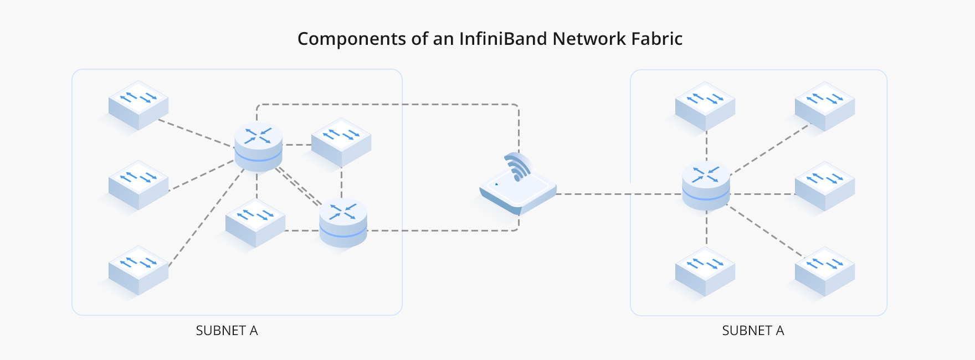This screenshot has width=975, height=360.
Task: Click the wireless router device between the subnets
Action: [x=518, y=191]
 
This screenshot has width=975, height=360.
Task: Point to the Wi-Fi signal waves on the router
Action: [x=517, y=167]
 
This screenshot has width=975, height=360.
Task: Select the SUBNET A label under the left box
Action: [x=227, y=331]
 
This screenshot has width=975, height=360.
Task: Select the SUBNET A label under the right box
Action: [x=753, y=331]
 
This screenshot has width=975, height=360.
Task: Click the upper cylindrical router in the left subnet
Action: [x=258, y=146]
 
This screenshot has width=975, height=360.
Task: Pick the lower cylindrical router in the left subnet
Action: [x=343, y=222]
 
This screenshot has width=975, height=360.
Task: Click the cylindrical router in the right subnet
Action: [x=706, y=185]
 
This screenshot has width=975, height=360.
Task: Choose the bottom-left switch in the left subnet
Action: [x=138, y=270]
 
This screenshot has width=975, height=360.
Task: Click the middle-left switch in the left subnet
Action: [x=138, y=185]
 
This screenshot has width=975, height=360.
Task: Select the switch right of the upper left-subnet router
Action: [x=341, y=142]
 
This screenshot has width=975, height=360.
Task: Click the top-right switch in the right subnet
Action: [x=825, y=106]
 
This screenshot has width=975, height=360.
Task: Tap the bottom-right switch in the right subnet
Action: [x=825, y=271]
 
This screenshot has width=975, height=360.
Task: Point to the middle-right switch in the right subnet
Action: [x=825, y=186]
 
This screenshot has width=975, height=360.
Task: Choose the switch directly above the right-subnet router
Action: [x=705, y=106]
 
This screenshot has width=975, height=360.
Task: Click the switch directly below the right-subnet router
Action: [x=705, y=271]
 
